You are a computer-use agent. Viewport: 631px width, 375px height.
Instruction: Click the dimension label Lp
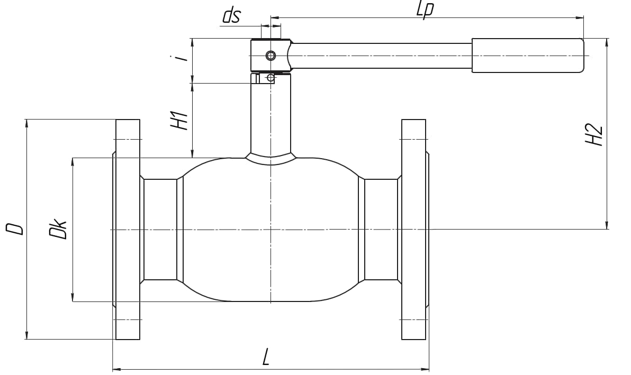pyautogui.click(x=425, y=9)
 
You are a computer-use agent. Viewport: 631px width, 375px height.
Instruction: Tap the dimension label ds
pyautogui.click(x=231, y=16)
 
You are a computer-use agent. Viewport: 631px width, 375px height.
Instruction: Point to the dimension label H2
pyautogui.click(x=594, y=135)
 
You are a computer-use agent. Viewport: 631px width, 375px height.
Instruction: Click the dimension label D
pyautogui.click(x=15, y=228)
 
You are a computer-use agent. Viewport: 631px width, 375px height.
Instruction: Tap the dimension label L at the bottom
pyautogui.click(x=266, y=357)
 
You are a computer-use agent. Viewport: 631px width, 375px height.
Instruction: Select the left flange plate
pyautogui.click(x=128, y=230)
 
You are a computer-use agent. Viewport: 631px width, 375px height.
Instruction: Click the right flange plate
pyautogui.click(x=413, y=230)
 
